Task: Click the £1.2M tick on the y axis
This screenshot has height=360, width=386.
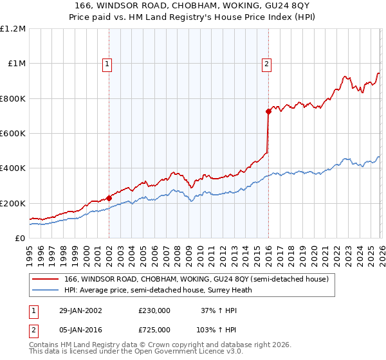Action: [12, 29]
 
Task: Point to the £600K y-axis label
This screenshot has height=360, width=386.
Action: [12, 134]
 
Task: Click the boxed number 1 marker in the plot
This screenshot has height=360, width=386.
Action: [107, 64]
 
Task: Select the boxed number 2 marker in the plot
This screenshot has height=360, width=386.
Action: [266, 64]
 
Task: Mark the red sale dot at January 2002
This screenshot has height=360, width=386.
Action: [109, 198]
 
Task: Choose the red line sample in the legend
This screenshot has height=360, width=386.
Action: [45, 280]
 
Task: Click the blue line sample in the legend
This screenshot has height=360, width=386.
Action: [45, 291]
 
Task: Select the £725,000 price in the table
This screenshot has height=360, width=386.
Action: [154, 329]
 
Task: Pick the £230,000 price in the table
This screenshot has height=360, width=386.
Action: [154, 310]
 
